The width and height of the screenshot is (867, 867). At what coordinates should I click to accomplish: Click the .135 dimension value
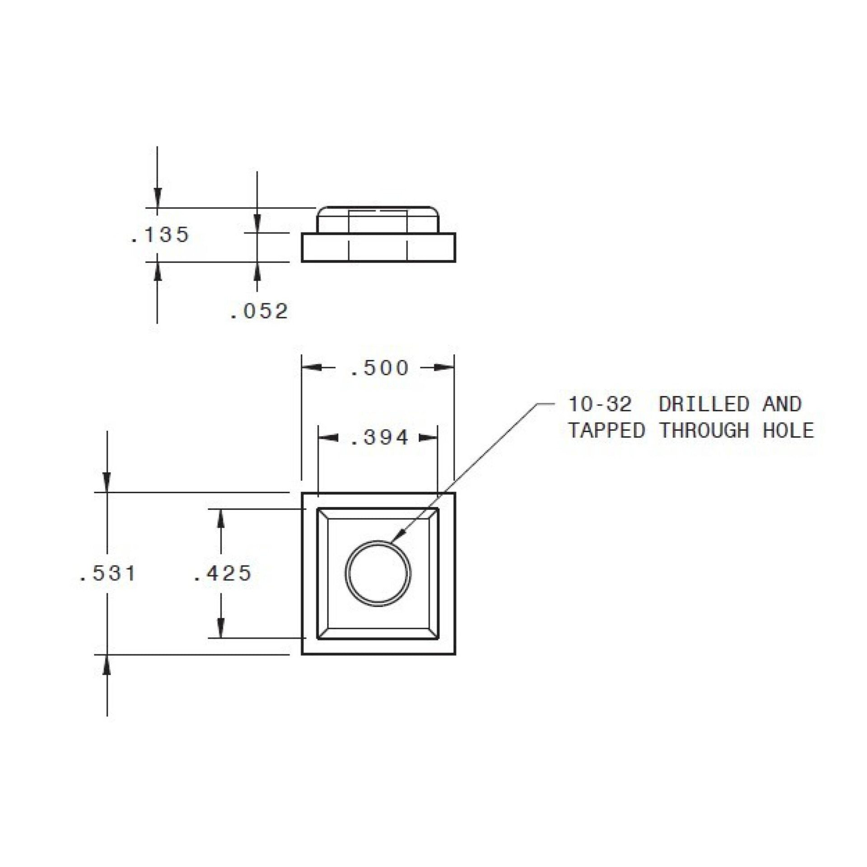(160, 235)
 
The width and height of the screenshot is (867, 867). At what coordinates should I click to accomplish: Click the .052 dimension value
(259, 311)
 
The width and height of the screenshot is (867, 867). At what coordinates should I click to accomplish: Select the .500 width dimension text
(379, 368)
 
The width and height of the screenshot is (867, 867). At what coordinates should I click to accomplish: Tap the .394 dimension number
(379, 438)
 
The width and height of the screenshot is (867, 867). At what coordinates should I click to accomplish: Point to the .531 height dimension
(107, 573)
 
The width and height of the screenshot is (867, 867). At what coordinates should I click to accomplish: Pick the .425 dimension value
(222, 573)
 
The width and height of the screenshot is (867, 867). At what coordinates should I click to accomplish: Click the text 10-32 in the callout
(599, 404)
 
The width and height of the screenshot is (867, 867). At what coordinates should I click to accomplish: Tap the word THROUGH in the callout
(704, 430)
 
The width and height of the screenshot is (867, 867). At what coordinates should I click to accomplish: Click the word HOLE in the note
(788, 430)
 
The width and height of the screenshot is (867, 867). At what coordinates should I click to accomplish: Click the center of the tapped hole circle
(378, 573)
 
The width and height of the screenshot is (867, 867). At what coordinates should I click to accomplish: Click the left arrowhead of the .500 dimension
(312, 368)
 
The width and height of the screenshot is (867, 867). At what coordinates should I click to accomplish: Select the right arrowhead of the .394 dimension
(429, 438)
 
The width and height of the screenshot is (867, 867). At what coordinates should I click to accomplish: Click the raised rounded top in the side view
(378, 219)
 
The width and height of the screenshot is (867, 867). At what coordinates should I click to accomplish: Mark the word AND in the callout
(782, 404)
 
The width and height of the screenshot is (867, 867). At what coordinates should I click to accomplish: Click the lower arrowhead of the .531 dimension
(107, 665)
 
